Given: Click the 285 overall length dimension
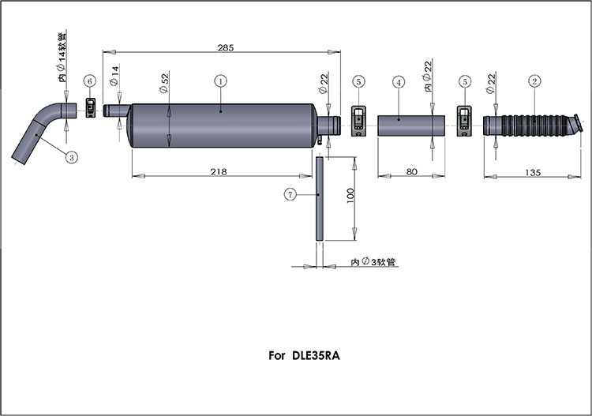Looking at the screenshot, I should point(225,48).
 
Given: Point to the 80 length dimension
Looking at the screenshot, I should point(410,171).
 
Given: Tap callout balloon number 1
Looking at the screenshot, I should point(221,81).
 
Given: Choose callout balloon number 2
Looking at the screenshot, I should point(534,81).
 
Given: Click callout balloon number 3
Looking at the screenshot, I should point(71,157).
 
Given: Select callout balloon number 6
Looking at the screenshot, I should point(90,81).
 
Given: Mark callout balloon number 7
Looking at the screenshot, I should point(290,193).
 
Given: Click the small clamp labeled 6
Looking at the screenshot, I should point(91,108).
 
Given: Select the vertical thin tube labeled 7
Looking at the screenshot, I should point(319,197).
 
